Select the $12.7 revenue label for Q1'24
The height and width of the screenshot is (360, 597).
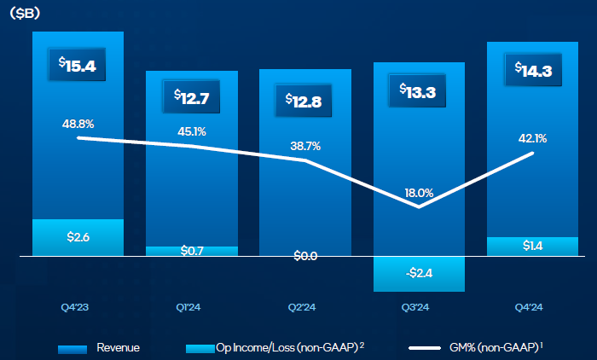tap(191, 96)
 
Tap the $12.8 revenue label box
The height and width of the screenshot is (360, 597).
tap(304, 101)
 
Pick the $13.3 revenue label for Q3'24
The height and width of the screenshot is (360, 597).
tap(419, 91)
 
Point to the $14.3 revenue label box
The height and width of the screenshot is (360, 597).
tap(532, 71)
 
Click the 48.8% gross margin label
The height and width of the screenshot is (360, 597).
tap(78, 124)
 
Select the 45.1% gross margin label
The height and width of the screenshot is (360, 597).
tap(191, 131)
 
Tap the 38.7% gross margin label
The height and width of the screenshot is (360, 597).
tap(304, 146)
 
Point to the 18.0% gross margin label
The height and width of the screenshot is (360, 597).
tap(419, 193)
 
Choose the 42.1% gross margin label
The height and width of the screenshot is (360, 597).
tap(532, 138)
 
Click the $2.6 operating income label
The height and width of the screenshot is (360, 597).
tap(78, 236)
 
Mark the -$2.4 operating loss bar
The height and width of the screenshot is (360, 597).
tap(419, 273)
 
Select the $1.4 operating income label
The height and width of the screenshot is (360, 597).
tap(532, 246)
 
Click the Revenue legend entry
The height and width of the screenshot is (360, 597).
tap(99, 348)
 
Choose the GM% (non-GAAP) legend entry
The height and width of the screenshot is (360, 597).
tap(478, 348)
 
